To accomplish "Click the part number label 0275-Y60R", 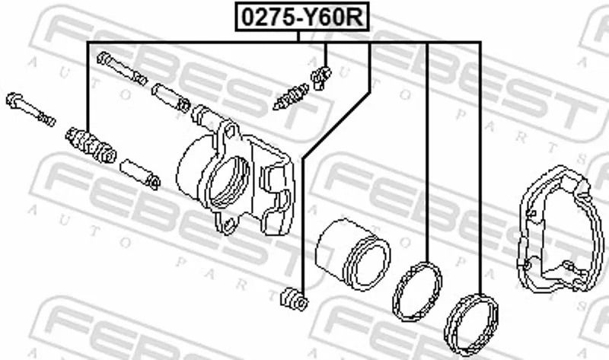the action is pyautogui.click(x=301, y=16).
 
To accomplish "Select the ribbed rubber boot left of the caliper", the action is pyautogui.click(x=91, y=145).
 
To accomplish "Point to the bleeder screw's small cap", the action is pyautogui.click(x=320, y=78).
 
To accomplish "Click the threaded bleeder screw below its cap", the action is pyautogui.click(x=292, y=97).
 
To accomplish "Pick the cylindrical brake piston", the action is pyautogui.click(x=352, y=254).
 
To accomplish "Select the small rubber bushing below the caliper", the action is pyautogui.click(x=294, y=299).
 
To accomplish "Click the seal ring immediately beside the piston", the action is pyautogui.click(x=417, y=292).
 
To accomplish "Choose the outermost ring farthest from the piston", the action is pyautogui.click(x=471, y=325).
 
